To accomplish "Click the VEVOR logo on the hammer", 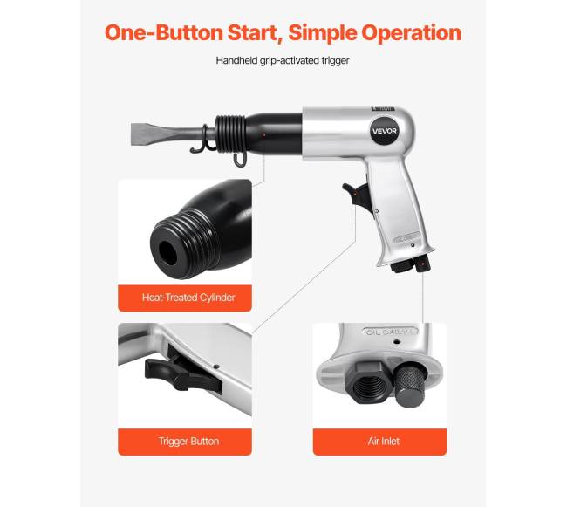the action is (x=385, y=131).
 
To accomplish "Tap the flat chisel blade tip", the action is (x=133, y=134).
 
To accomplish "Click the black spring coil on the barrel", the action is (x=229, y=134).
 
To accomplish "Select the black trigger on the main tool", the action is (x=355, y=195).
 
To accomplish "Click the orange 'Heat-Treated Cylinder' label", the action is (x=185, y=298).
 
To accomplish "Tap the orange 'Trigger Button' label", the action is (x=185, y=442).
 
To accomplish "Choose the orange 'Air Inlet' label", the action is (x=379, y=442).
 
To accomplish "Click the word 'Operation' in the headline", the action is (x=411, y=32).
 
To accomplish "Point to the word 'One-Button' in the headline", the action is (x=163, y=32).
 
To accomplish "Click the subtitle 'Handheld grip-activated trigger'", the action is (x=283, y=60).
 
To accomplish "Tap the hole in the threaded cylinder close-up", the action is (x=167, y=252).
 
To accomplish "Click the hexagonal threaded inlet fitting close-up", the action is (x=366, y=381).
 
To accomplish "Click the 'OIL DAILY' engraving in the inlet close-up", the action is (x=390, y=332).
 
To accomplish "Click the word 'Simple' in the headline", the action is (x=323, y=32).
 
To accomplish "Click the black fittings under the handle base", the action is (x=411, y=264).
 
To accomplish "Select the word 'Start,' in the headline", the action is (x=256, y=32).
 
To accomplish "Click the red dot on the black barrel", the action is (x=264, y=135).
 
